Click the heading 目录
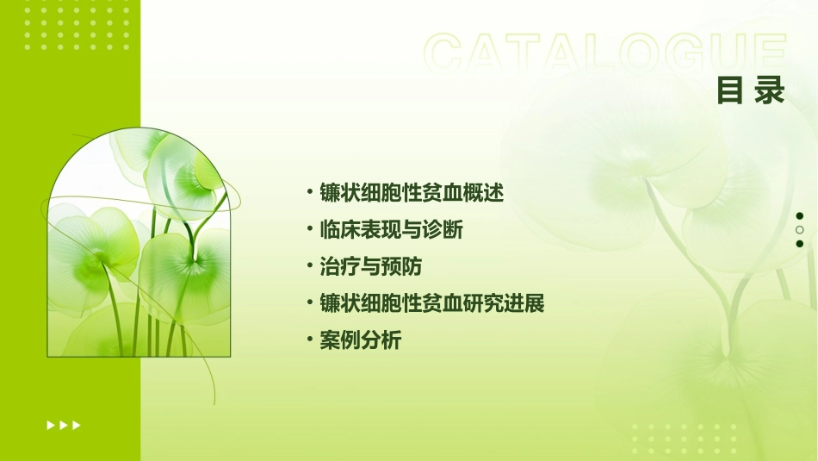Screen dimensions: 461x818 point(751,90)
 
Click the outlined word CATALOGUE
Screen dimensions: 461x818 point(605,53)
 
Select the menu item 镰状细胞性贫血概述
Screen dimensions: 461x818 point(411,193)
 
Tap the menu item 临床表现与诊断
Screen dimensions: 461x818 point(391,230)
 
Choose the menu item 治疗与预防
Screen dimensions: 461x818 point(370,267)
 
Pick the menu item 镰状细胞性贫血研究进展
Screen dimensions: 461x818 point(431,304)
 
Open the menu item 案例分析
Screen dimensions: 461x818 point(360,341)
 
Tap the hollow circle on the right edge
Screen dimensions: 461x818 point(800,230)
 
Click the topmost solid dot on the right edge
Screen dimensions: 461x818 point(800,215)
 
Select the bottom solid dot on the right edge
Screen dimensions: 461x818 point(800,244)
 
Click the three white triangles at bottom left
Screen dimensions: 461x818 point(64,425)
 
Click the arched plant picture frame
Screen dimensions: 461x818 point(139,245)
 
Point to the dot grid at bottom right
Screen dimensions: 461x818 point(684,439)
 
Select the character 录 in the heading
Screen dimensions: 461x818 point(770,90)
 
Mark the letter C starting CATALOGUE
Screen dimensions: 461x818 point(448,53)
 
